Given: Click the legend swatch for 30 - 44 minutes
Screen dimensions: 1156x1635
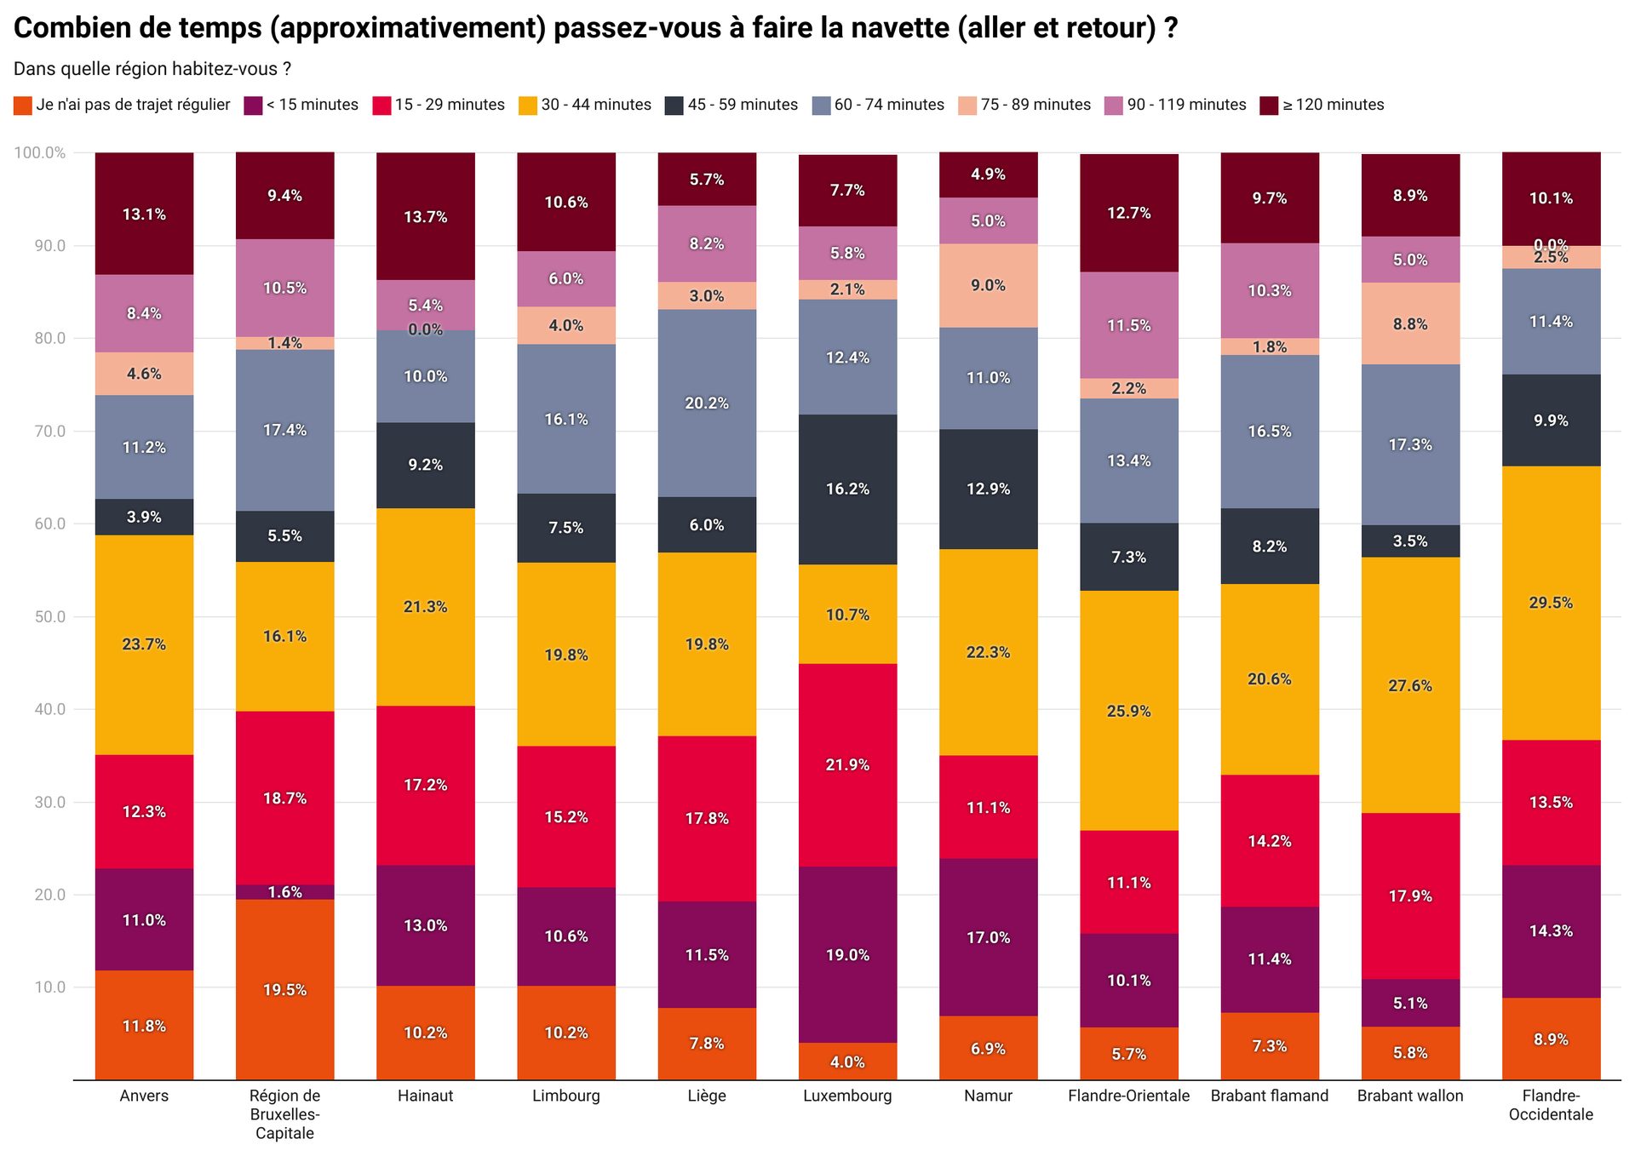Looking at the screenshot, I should coord(528,106).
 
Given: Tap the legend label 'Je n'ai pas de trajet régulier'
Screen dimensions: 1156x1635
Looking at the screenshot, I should coord(133,105).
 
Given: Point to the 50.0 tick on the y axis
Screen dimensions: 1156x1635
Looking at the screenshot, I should coord(49,616).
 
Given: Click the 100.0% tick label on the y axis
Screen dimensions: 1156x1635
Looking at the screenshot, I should coord(40,152).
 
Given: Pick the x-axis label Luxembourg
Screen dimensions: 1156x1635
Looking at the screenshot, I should coord(847,1096).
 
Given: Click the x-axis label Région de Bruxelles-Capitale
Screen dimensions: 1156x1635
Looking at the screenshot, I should coord(284,1113).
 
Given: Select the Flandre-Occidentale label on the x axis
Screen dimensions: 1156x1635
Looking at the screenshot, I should coord(1551,1105).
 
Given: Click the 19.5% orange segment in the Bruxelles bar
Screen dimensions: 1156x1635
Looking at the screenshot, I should coord(284,989).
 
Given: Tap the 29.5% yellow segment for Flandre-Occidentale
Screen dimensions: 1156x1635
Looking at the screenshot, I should coord(1551,603).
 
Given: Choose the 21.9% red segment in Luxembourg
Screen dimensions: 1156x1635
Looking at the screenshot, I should coord(847,764).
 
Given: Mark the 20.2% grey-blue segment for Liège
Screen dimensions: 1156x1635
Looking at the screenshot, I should coord(707,403).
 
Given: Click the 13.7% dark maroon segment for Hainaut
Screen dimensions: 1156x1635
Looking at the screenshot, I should coord(425,216).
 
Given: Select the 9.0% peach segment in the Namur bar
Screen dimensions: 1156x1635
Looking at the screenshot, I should coord(988,285).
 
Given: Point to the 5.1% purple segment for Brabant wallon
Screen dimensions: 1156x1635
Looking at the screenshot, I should coord(1410,1003).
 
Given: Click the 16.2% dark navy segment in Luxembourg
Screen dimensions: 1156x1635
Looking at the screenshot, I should coord(847,489).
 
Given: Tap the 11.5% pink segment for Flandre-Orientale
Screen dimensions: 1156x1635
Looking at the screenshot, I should coord(1128,325).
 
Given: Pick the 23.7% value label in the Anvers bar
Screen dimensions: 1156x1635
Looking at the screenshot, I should coord(144,644).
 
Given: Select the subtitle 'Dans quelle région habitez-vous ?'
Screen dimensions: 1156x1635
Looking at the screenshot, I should coord(152,69).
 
